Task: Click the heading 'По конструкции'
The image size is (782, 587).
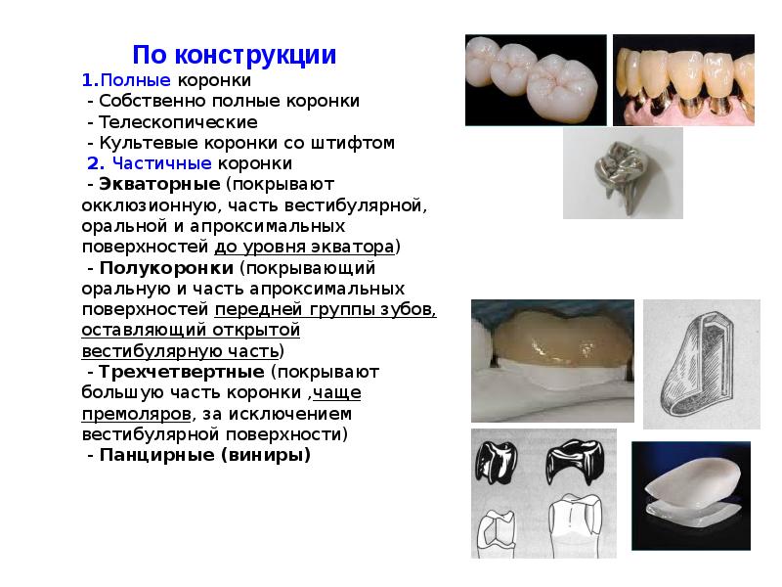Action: [235, 55]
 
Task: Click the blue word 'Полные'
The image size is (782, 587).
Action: [136, 79]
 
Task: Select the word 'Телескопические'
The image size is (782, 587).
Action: [176, 122]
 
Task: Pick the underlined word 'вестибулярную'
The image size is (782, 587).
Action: [143, 350]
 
